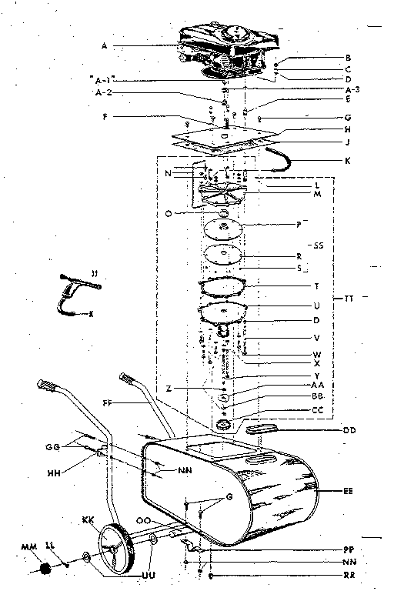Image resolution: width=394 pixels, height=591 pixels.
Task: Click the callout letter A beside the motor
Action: click(x=104, y=46)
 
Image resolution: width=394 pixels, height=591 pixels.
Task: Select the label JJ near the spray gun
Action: click(x=93, y=272)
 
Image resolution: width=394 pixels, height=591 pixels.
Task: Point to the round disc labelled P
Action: click(x=223, y=229)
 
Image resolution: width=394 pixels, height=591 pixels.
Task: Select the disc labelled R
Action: click(x=223, y=255)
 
